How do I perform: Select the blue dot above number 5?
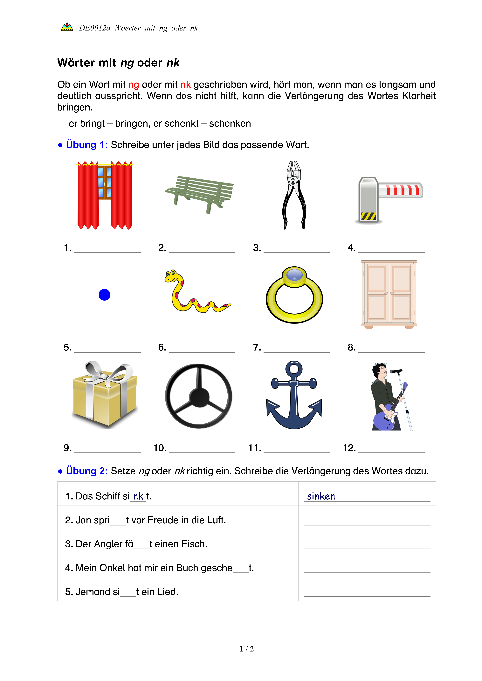click(104, 295)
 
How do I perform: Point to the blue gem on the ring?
click(294, 274)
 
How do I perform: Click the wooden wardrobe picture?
click(389, 294)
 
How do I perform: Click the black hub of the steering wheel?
click(199, 397)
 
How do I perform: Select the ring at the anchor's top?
click(294, 369)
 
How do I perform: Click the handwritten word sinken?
click(321, 496)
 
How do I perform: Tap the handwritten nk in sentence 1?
click(138, 496)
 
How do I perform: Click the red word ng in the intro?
click(134, 85)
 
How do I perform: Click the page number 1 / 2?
click(247, 649)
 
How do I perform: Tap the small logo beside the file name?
click(67, 27)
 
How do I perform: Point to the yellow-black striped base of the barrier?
click(368, 216)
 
